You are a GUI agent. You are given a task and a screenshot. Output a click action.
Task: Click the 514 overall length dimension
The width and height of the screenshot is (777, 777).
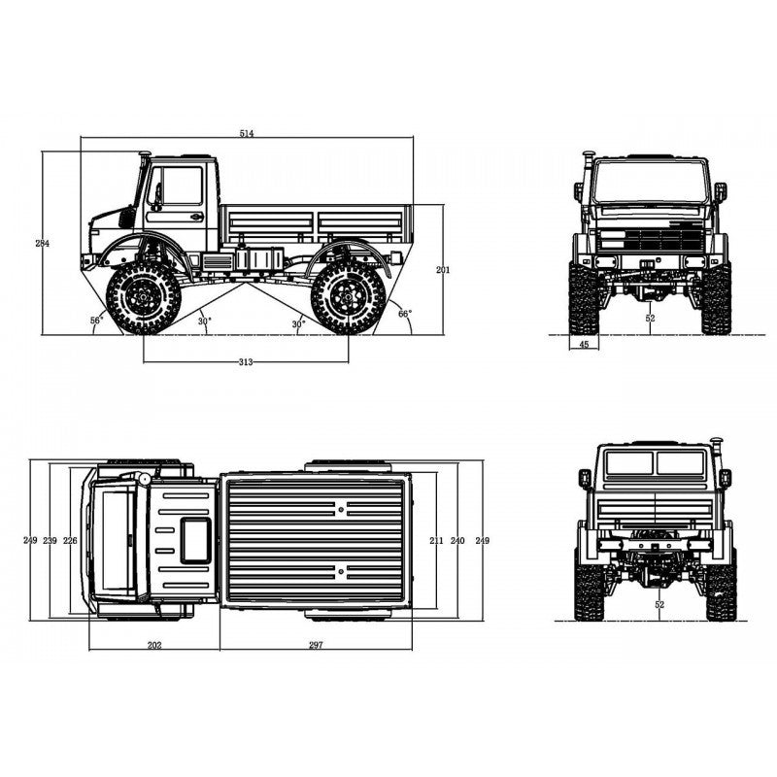tap(247, 133)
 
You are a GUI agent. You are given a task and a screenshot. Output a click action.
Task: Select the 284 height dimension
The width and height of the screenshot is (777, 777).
tap(41, 243)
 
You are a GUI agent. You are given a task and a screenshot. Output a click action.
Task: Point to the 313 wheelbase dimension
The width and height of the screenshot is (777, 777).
tap(245, 362)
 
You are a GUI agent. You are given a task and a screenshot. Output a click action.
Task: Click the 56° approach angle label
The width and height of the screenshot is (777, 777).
tap(96, 320)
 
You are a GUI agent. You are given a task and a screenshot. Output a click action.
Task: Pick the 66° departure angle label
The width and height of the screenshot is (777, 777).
tap(404, 314)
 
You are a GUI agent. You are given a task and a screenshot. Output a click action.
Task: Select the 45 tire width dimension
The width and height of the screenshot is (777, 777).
tap(584, 344)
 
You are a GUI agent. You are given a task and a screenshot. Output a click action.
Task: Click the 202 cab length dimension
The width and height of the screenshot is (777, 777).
tap(153, 644)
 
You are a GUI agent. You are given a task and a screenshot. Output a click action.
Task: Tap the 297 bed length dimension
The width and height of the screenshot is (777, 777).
tap(315, 644)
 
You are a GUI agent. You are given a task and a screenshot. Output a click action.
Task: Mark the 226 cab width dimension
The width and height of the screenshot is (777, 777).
tap(70, 540)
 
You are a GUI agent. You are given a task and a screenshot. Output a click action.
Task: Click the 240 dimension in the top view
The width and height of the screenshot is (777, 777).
tap(458, 540)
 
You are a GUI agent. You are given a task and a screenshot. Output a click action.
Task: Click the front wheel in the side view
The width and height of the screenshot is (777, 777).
tap(144, 296)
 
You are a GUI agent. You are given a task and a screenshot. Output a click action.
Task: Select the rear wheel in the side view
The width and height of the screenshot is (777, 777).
tap(347, 296)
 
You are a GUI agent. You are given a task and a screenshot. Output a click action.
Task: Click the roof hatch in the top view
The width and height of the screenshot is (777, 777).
tap(195, 540)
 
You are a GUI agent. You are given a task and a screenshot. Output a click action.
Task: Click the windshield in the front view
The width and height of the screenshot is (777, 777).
tap(649, 182)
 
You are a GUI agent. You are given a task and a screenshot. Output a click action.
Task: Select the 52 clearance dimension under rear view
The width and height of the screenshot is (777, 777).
tap(659, 605)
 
